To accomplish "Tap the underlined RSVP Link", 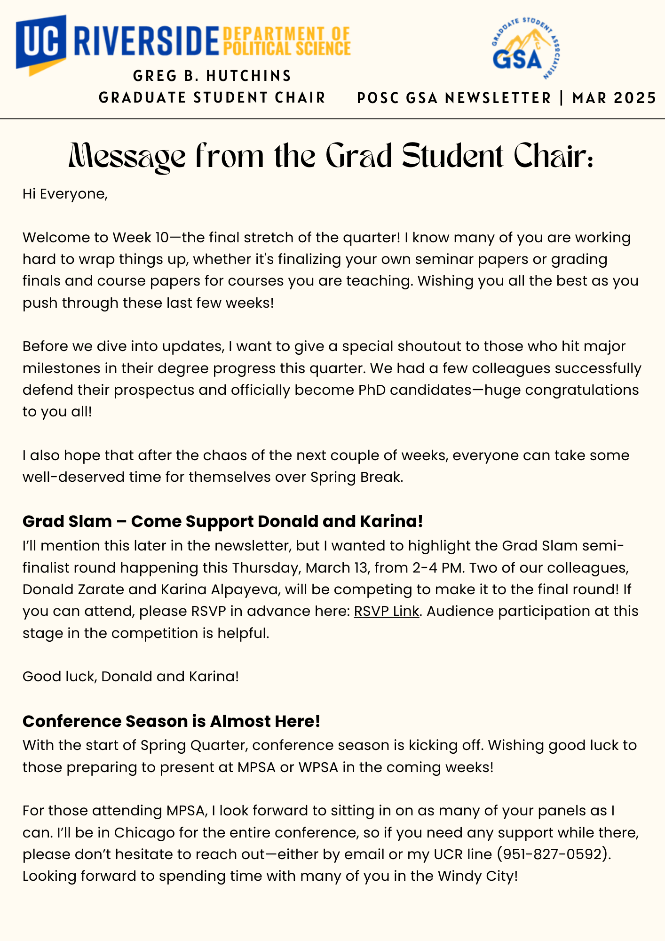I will [x=386, y=611].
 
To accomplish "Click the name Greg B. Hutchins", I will [x=213, y=76].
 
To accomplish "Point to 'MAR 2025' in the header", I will [x=614, y=98].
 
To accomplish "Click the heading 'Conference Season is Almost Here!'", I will [x=171, y=721].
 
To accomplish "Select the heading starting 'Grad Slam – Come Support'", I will [x=222, y=521].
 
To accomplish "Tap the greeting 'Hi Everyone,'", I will [x=65, y=194].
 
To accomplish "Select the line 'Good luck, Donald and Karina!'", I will [x=131, y=677].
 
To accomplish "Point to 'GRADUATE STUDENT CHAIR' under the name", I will [x=212, y=98].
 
